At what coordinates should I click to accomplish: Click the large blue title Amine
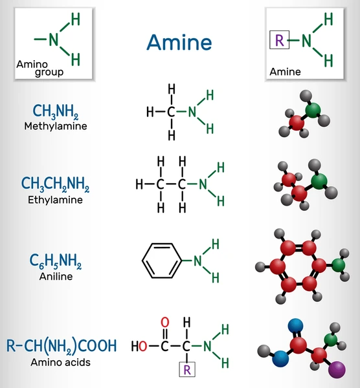coord(179,42)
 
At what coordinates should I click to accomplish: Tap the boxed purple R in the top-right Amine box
coord(280,39)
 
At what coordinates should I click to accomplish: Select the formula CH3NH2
coord(56,111)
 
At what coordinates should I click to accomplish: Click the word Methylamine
coord(56,126)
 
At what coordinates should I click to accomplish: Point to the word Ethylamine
coord(55,200)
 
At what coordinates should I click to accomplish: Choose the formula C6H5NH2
coord(56,261)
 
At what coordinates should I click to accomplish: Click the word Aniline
coord(56,276)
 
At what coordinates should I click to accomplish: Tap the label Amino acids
coord(60,362)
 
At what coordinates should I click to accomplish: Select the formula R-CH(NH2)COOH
coord(62,346)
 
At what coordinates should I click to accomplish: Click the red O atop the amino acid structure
coord(165,323)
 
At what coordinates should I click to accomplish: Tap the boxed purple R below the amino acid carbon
coord(187,369)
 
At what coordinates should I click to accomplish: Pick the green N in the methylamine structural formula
coord(192,112)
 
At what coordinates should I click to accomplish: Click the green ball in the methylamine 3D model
coord(313,110)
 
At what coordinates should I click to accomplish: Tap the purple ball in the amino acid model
coord(337,370)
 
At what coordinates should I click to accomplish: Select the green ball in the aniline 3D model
coord(339,265)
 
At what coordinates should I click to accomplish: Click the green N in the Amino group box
coord(54,39)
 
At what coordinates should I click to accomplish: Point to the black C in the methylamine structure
coord(171,112)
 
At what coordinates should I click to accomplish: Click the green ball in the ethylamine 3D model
coord(319,181)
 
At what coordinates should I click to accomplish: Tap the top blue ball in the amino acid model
coord(296,326)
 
